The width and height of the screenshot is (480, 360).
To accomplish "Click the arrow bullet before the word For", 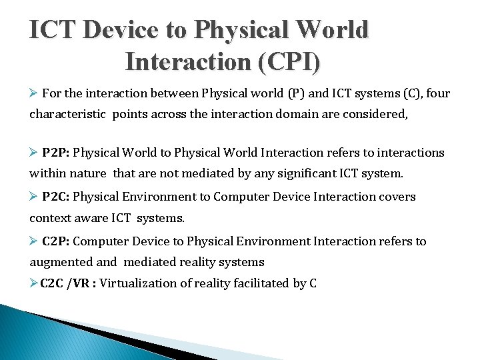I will [35, 93].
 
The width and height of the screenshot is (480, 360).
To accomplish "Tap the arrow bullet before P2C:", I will [35, 197].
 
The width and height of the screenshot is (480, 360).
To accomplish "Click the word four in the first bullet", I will [437, 93].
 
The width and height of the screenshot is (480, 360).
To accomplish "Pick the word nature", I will [87, 174].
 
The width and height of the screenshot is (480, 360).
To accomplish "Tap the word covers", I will [397, 197].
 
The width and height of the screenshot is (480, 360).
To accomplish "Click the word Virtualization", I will [142, 283].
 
